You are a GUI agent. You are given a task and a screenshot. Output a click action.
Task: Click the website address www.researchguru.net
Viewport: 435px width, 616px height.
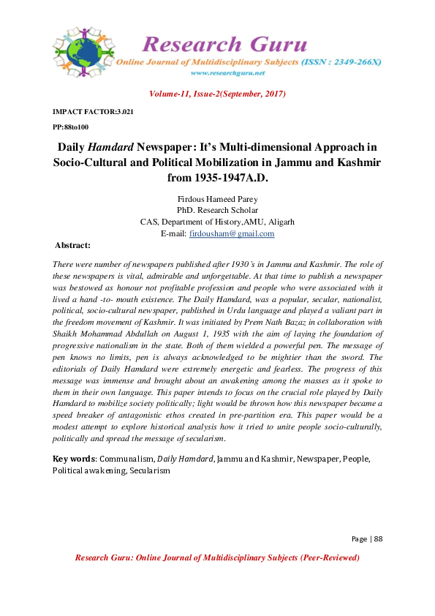coord(226,73)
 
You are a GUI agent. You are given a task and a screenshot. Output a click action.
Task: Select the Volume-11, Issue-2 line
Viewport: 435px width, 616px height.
coord(217,94)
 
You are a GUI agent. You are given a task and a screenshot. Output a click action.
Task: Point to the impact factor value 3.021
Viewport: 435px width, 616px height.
coord(122,111)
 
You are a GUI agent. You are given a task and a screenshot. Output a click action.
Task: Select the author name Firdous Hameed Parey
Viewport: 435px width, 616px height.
coord(217,199)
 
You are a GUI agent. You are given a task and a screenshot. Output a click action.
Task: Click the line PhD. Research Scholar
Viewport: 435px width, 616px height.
coord(217,211)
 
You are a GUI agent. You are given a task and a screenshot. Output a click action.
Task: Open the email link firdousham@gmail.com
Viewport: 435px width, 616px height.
coord(232,234)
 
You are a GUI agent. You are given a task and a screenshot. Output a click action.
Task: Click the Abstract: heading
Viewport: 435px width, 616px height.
coord(73,245)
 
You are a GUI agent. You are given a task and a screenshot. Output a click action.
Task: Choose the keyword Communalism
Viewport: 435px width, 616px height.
coord(126,459)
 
